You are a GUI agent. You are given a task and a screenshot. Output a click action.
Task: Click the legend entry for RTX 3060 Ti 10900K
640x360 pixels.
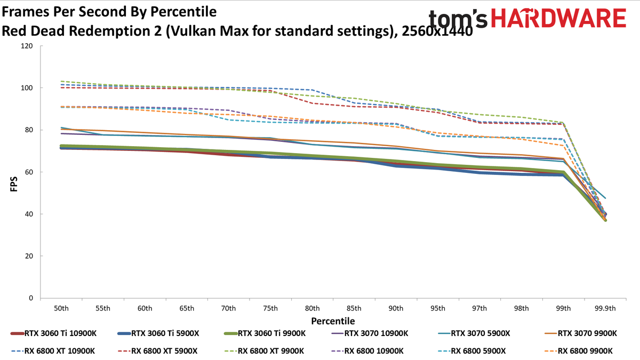[53, 333]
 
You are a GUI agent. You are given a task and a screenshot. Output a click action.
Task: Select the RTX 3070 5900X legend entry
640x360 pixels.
[474, 333]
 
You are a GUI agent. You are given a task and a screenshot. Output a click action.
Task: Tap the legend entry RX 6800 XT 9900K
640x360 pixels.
[265, 351]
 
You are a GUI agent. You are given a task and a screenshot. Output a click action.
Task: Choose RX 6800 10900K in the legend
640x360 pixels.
[367, 351]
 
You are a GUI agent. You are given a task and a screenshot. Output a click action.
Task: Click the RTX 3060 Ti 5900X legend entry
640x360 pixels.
[158, 333]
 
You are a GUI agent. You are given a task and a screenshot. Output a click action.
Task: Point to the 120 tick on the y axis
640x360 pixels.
[27, 46]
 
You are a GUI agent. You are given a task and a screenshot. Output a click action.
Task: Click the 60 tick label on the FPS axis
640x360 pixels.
[29, 172]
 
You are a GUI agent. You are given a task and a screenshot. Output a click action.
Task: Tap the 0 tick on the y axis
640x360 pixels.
[31, 298]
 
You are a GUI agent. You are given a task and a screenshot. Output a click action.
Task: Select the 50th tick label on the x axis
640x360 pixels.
[61, 309]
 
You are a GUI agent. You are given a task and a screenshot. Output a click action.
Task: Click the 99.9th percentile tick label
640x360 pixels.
[605, 309]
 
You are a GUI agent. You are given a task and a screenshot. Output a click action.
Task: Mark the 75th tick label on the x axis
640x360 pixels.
[270, 309]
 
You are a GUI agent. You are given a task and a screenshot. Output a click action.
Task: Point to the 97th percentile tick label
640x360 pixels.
[479, 309]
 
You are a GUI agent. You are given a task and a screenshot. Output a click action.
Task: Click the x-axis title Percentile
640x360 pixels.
[333, 321]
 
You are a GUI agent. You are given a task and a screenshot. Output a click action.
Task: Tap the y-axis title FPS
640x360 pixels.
[14, 184]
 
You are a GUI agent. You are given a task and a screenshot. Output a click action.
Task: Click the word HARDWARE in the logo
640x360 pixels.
[558, 18]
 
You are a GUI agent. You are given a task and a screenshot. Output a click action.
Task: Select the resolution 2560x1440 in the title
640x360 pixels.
[437, 31]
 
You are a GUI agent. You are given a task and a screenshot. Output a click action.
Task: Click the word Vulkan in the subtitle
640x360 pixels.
[194, 31]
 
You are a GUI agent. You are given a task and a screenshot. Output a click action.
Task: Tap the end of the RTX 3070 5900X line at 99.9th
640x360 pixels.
[605, 198]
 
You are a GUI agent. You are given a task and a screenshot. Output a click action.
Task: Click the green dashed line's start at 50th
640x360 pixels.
[61, 81]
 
